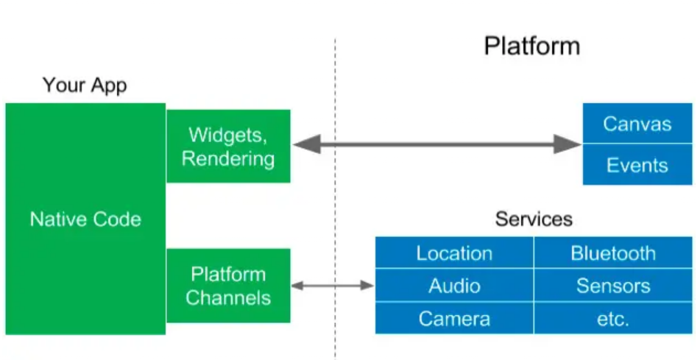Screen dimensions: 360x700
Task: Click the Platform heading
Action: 531,46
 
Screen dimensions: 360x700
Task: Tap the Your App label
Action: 85,85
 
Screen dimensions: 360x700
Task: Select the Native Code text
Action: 85,219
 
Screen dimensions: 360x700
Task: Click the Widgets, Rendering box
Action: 228,146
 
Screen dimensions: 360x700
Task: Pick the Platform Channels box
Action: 228,286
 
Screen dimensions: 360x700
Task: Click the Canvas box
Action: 637,123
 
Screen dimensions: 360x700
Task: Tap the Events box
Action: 637,165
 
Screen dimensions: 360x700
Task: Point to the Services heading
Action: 534,219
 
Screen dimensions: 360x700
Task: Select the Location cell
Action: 454,253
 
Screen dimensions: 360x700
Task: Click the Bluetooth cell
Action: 612,253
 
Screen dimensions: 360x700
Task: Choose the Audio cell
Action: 454,286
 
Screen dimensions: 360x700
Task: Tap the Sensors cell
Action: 612,286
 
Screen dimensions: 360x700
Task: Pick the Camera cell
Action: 454,318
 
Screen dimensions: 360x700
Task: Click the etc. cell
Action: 612,318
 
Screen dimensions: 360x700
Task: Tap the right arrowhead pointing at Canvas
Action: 570,144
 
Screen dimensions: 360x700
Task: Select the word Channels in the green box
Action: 228,297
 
